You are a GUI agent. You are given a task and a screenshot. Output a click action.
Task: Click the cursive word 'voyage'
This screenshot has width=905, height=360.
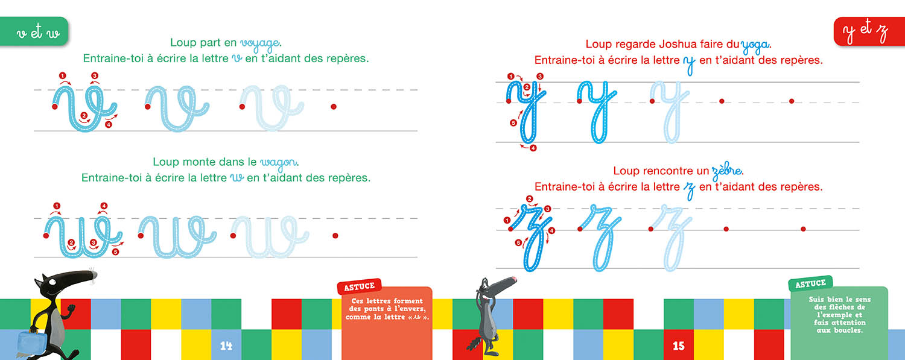(x=259, y=43)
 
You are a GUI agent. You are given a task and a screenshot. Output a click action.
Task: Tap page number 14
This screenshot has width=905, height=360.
(x=226, y=346)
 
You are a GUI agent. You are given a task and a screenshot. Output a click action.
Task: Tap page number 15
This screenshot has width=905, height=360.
(x=679, y=346)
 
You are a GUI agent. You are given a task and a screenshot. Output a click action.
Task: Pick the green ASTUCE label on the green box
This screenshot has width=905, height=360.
(x=810, y=284)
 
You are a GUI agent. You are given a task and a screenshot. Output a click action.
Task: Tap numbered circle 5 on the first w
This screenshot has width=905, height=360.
(x=115, y=252)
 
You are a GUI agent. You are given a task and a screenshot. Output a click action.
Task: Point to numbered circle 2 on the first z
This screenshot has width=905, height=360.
(x=530, y=199)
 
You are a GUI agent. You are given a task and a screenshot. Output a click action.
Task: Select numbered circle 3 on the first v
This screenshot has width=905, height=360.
(x=94, y=75)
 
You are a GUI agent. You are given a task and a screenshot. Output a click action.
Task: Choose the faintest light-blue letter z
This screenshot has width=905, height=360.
(x=675, y=235)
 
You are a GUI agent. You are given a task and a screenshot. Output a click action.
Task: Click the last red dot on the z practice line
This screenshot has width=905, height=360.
(x=803, y=229)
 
